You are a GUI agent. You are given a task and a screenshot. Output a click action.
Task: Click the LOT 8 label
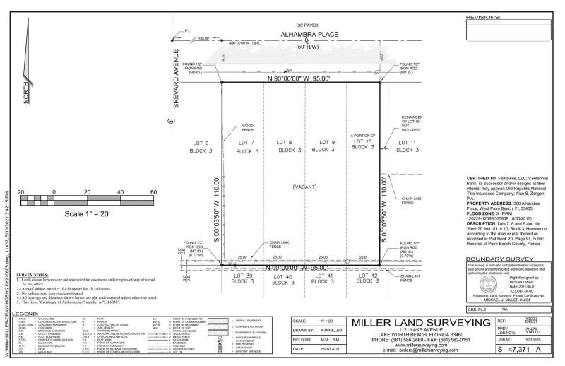(x=284, y=147)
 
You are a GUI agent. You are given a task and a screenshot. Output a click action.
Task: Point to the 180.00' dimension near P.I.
(x=203, y=37)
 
